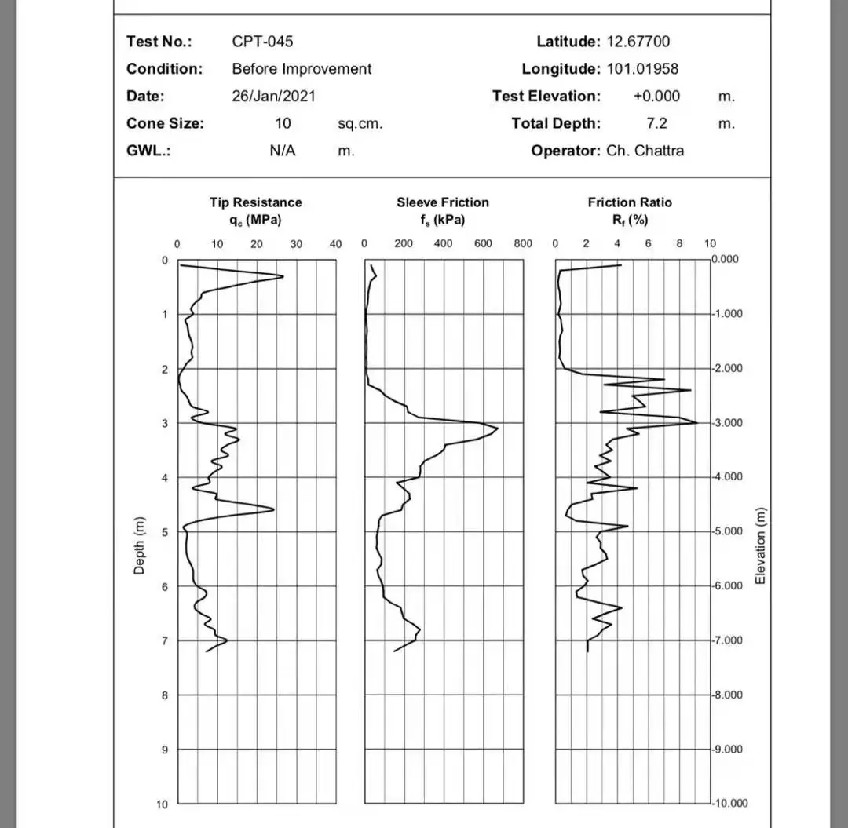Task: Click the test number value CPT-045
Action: click(x=262, y=42)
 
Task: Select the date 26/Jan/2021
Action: click(x=273, y=97)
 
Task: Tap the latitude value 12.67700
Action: click(x=638, y=42)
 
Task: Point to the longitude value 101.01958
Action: click(x=642, y=69)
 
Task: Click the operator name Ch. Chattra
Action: click(x=645, y=151)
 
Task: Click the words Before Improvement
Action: click(x=302, y=69)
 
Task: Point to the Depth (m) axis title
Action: click(x=139, y=545)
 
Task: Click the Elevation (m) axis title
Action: click(x=759, y=546)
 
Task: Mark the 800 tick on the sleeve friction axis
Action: click(x=523, y=244)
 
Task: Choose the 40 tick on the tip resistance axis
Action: click(x=336, y=244)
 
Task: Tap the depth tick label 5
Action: click(x=165, y=533)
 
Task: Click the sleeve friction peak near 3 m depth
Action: click(x=497, y=429)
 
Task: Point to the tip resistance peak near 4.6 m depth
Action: click(x=274, y=509)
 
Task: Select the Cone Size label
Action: click(x=165, y=123)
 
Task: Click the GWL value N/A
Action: click(x=283, y=151)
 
